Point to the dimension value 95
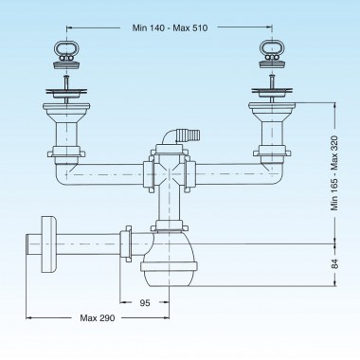pyautogui.click(x=145, y=303)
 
